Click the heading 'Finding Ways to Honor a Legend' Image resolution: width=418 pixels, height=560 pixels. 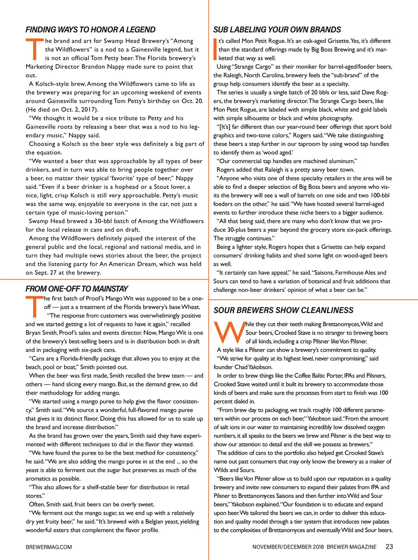[91, 30]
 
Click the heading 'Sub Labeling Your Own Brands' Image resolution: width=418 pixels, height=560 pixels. [277, 30]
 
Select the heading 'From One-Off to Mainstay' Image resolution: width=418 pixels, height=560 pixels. [77, 289]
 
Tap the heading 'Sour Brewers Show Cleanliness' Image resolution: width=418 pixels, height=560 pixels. [283, 310]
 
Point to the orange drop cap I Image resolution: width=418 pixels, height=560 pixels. [215, 50]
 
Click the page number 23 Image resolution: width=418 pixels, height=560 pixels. [389, 547]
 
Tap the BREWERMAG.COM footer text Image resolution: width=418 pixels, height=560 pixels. [49, 547]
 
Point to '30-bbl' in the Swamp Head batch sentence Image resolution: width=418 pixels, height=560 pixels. [103, 221]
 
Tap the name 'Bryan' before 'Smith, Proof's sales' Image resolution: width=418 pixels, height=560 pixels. [33, 333]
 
